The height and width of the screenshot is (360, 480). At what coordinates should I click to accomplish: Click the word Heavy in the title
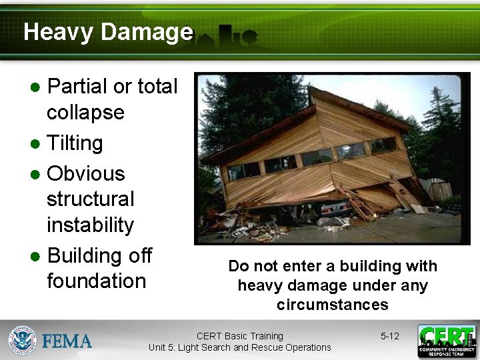tap(57, 32)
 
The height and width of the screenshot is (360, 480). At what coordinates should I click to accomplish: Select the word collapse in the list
tap(85, 113)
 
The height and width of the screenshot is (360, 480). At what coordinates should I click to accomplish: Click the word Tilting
tap(75, 143)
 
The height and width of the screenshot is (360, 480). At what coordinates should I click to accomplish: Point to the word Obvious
tap(86, 173)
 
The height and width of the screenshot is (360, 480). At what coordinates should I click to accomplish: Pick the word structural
tap(90, 199)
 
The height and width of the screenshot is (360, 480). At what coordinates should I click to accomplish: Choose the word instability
tap(90, 225)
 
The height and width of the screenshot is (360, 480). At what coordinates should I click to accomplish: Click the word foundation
tap(96, 281)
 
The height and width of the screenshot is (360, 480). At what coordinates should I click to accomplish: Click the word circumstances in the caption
tap(332, 305)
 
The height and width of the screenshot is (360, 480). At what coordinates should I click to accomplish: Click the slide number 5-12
tap(389, 336)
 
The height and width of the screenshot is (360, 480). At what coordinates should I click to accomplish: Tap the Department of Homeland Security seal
tap(22, 340)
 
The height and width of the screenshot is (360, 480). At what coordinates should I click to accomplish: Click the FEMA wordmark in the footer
tap(67, 341)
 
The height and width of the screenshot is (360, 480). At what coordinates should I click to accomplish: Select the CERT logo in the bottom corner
tap(447, 341)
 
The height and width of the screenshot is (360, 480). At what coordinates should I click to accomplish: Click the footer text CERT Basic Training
tap(239, 336)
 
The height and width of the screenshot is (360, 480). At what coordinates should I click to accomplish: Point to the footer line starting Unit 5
tap(239, 347)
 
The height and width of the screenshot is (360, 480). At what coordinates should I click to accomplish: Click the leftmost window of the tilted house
tap(243, 171)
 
